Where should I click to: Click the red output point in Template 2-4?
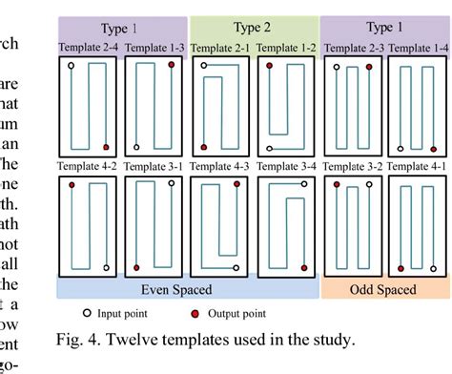point(106,146)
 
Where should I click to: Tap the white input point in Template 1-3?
point(136,147)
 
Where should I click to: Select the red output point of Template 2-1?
point(204,65)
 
